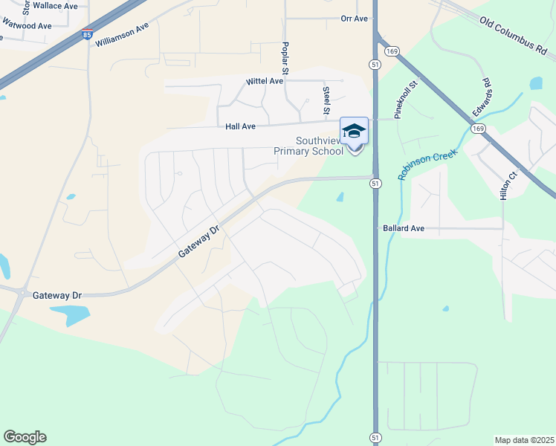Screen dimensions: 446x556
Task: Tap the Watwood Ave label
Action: click(27, 25)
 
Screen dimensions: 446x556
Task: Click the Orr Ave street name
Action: click(355, 19)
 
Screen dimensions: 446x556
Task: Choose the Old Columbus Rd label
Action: click(517, 34)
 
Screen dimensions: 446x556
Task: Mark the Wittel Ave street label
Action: click(265, 81)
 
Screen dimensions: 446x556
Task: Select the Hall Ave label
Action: click(240, 126)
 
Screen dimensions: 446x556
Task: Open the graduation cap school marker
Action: click(354, 132)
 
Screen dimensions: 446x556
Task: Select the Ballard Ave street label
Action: click(404, 228)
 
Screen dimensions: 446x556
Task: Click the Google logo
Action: click(25, 437)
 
